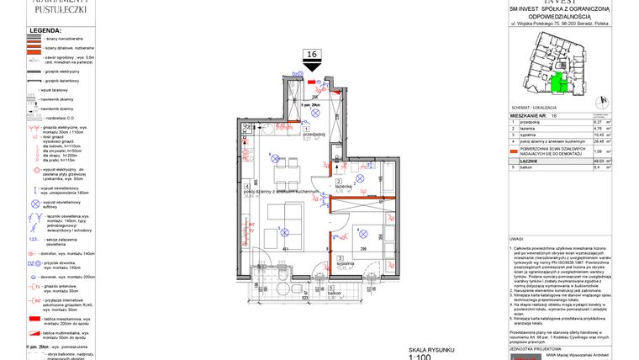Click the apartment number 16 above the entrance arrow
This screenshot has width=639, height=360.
click(313, 55)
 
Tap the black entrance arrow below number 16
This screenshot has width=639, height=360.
click(313, 67)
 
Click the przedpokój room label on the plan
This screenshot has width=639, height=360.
click(314, 135)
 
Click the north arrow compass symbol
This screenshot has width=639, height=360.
click(599, 101)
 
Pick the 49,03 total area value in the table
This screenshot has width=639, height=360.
click(599, 161)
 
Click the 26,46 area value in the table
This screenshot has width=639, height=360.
click(599, 141)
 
